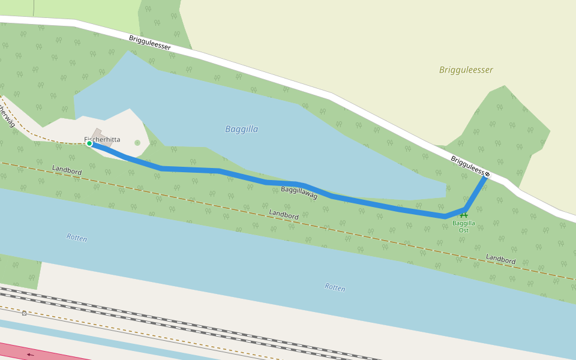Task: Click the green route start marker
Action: tap(89, 143)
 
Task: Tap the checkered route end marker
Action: tap(487, 175)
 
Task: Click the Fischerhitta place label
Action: tap(103, 139)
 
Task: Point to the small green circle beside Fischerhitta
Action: tap(137, 143)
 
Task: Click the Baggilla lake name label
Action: tap(242, 129)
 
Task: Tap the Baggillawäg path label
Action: tap(299, 192)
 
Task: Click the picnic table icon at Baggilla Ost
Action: tap(463, 215)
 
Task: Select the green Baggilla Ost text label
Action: tap(463, 226)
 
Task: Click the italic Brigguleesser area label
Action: tap(466, 70)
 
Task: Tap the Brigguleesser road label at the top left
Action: tap(149, 43)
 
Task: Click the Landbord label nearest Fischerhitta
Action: tap(67, 171)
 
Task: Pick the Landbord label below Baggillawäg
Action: tap(284, 214)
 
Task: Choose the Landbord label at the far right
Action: tap(500, 259)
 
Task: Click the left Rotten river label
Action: tap(77, 238)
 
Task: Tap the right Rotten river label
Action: tap(335, 287)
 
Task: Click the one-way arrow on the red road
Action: tap(30, 355)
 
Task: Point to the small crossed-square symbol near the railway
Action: tap(24, 313)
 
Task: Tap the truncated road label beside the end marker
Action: tap(466, 166)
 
